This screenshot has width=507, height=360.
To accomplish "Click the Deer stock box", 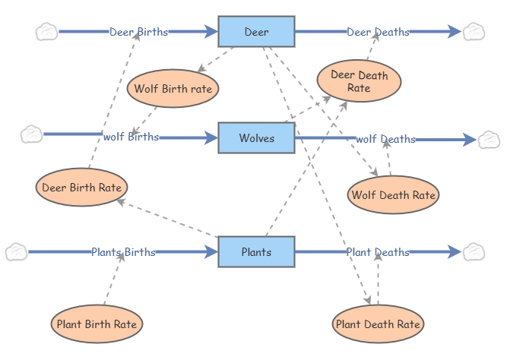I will click(256, 31).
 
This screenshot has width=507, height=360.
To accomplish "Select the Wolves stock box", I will click(256, 137).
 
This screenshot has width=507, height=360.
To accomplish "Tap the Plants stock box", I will click(256, 251).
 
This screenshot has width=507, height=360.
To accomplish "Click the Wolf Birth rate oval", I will click(173, 89).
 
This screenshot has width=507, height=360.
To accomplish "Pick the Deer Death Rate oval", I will click(359, 81).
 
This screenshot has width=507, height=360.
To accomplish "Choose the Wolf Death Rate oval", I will click(393, 195).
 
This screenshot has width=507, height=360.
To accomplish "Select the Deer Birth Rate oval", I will click(81, 186).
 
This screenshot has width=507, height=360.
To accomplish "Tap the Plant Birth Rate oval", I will click(97, 324).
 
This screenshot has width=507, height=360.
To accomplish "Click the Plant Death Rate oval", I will click(378, 324).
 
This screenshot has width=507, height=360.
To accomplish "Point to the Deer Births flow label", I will click(138, 32).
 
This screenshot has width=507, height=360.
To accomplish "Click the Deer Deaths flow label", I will click(378, 32).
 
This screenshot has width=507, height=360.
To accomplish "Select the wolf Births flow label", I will click(131, 137).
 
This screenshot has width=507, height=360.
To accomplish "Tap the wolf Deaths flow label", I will click(385, 139).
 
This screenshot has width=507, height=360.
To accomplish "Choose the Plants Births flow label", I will click(123, 252).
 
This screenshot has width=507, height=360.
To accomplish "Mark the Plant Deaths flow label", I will click(378, 252).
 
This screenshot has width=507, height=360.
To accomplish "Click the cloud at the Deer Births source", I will click(46, 31).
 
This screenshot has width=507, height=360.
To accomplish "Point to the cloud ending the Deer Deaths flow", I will click(474, 31).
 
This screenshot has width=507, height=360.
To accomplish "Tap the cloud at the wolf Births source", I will click(31, 134).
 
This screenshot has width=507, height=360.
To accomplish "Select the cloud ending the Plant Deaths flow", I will click(474, 251).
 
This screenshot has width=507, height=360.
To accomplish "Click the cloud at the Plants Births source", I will click(16, 251).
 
